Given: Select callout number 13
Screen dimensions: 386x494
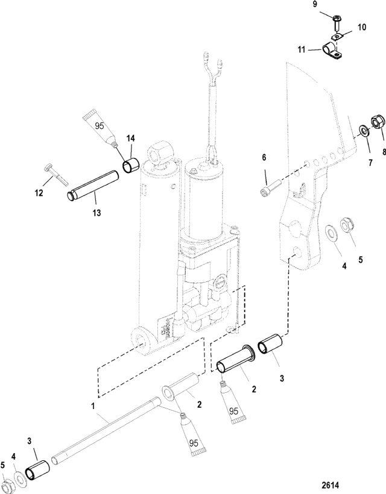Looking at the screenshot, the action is [97, 213].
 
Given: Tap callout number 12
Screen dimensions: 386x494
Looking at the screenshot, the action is [39, 193].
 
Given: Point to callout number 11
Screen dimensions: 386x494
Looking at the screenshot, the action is [302, 50].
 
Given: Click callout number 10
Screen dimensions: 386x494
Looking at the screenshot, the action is [362, 27].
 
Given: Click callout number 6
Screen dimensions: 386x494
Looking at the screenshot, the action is [264, 157].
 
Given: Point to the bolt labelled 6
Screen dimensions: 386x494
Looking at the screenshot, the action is [270, 188].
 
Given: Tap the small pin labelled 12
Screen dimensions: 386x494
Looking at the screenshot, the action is [57, 174].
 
